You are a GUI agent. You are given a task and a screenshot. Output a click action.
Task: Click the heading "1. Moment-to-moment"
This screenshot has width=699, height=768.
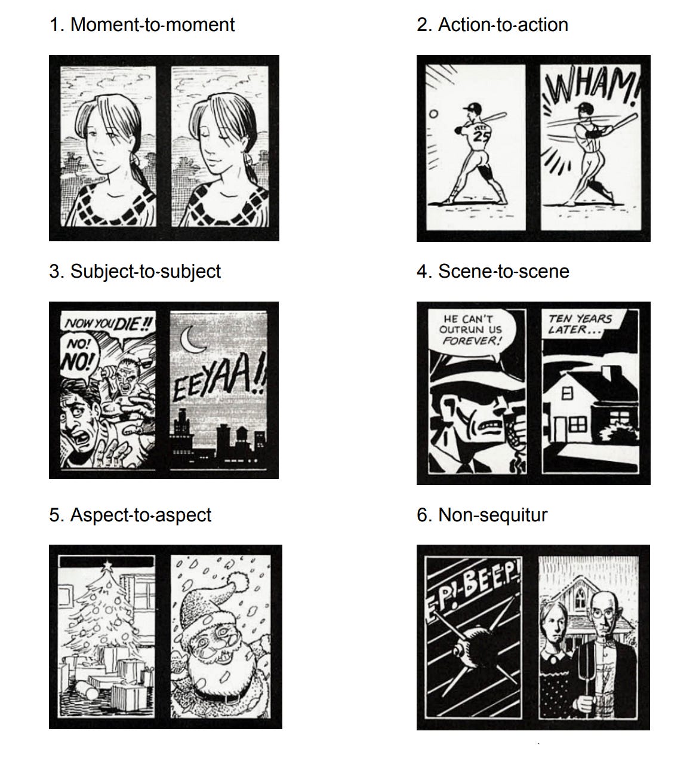142,25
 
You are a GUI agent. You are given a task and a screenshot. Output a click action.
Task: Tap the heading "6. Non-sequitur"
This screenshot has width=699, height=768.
482,515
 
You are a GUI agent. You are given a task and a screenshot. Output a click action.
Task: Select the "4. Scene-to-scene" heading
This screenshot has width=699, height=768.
493,271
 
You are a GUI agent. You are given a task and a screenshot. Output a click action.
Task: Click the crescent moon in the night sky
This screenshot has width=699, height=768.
192,339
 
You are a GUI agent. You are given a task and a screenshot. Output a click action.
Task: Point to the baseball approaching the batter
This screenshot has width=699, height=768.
433,113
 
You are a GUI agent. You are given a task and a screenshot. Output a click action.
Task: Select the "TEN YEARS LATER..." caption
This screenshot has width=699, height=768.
580,324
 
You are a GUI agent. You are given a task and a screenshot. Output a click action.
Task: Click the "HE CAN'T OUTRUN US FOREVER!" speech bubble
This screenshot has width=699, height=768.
472,330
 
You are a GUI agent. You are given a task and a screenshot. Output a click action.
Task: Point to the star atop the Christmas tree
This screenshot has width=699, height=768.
107,565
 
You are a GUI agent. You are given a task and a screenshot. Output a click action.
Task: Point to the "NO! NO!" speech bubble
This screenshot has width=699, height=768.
79,355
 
